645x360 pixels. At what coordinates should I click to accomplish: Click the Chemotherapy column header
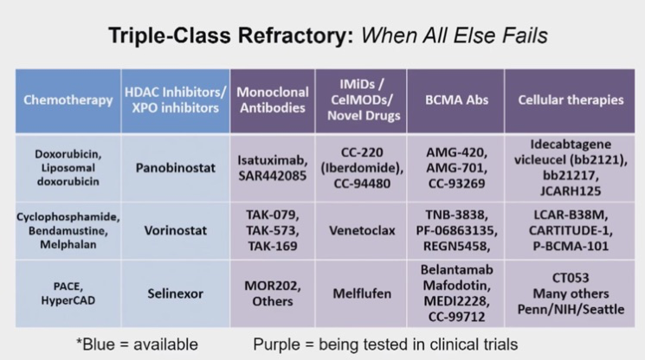(68, 100)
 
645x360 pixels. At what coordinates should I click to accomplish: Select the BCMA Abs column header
(456, 100)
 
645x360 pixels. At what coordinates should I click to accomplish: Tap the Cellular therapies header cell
(571, 100)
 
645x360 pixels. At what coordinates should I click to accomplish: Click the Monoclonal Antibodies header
(273, 100)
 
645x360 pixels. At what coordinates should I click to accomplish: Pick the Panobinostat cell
(176, 168)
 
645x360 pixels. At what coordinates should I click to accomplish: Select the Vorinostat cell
(176, 230)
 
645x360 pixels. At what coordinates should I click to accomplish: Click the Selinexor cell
(176, 294)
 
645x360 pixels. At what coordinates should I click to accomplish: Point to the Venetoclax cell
(362, 230)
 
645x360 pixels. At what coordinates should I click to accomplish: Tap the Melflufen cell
(362, 294)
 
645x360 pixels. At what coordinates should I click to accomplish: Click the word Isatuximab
(272, 160)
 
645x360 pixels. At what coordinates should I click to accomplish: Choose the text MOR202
(272, 286)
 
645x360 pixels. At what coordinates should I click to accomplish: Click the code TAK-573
(272, 230)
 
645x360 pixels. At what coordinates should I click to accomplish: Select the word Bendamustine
(68, 230)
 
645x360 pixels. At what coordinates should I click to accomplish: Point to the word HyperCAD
(68, 300)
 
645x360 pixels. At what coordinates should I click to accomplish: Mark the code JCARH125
(571, 191)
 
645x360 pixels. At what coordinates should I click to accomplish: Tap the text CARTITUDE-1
(571, 230)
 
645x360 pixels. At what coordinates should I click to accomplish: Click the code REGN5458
(455, 246)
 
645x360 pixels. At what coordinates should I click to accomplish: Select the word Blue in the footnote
(99, 344)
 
